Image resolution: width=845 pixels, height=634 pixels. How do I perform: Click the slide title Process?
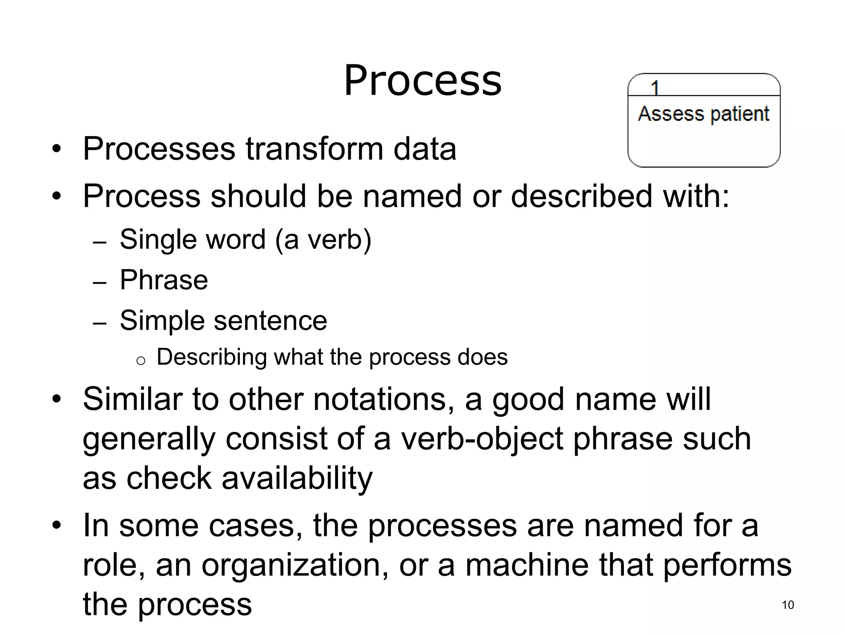tap(422, 80)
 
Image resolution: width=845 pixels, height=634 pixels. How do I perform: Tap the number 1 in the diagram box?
tap(655, 88)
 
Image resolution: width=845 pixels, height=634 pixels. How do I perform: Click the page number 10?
tap(788, 605)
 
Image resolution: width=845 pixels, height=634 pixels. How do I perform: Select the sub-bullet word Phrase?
tap(164, 280)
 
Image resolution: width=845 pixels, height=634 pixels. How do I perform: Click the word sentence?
tap(270, 320)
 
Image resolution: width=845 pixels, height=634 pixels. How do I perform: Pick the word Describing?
tap(212, 357)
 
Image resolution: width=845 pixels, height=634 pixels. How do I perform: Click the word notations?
tap(380, 399)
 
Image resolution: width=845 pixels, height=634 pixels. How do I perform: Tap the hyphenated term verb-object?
tap(482, 438)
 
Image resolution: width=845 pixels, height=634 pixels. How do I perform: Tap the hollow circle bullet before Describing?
tap(141, 361)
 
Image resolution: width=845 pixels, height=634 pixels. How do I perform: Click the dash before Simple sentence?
tap(100, 323)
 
